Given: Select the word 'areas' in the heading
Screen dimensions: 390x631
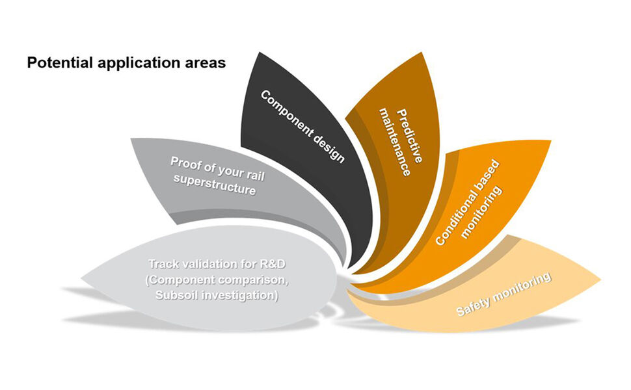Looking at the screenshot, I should (208, 64).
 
